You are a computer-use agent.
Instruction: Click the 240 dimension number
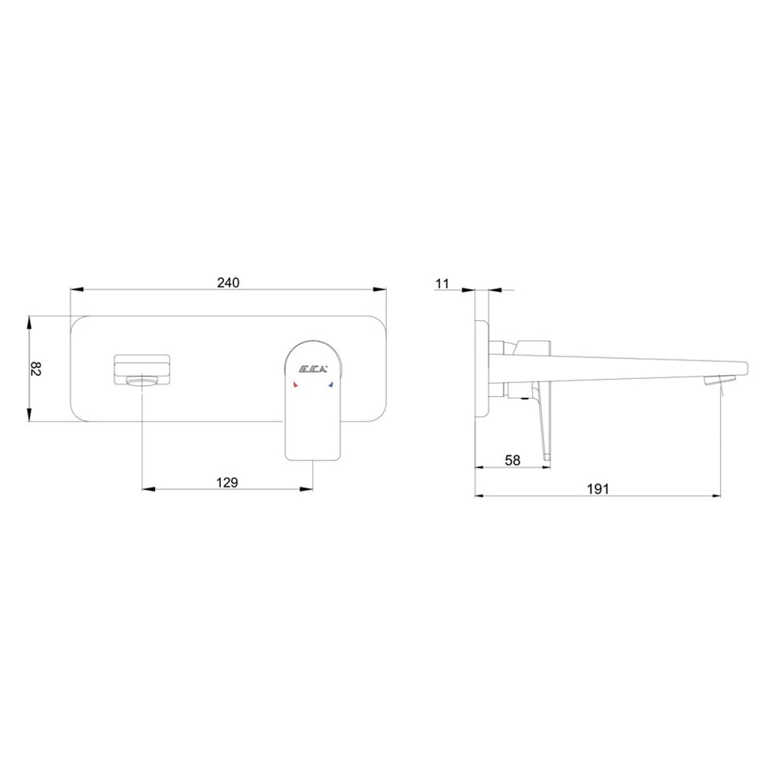click(x=228, y=282)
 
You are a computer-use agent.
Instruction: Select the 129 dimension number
click(x=227, y=482)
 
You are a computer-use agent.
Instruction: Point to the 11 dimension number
click(x=443, y=284)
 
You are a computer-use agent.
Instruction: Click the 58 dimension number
click(x=512, y=460)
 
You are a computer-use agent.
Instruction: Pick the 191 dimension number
click(x=598, y=489)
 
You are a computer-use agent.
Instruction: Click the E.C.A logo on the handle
click(x=314, y=369)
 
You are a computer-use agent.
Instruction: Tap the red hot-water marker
click(x=295, y=384)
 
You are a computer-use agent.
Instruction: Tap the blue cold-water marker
click(x=331, y=384)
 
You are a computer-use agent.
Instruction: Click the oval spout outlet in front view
click(x=143, y=381)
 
